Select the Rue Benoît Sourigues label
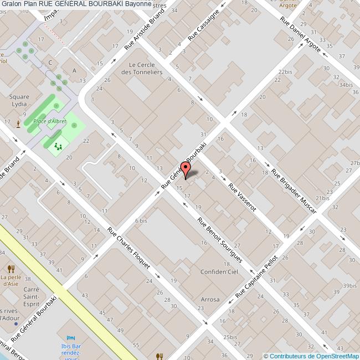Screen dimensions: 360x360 pos(219,236)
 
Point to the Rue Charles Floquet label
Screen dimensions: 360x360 pos(129,248)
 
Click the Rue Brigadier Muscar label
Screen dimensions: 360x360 pos(294,191)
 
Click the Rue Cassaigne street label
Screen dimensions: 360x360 pos(203,25)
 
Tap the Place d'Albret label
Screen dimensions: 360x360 pos(47,121)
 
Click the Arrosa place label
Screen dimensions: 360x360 pos(209,300)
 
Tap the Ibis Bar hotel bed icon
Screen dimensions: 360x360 pos(70,338)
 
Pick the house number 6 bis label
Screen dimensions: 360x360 pos(141,220)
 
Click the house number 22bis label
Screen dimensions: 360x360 pos(285,72)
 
